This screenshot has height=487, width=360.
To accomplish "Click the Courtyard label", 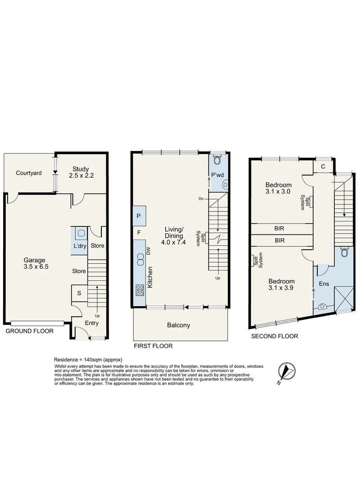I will tap(29, 173).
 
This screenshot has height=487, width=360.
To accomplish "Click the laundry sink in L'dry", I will tap(81, 234).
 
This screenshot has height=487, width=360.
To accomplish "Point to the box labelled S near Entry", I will tap(79, 293).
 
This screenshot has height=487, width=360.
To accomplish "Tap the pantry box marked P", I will tap(139, 216).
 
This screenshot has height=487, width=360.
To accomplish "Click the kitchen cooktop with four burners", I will tap(140, 290).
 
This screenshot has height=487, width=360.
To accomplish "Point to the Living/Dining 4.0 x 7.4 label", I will tap(173, 235).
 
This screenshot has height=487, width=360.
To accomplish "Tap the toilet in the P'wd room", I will tap(218, 160).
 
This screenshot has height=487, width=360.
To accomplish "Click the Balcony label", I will tap(178, 325).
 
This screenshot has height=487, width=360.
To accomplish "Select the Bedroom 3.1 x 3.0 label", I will tap(278, 188).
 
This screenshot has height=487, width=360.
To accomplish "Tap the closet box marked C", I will tap(323, 167).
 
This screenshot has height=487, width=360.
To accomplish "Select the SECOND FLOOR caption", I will tap(274, 336).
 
